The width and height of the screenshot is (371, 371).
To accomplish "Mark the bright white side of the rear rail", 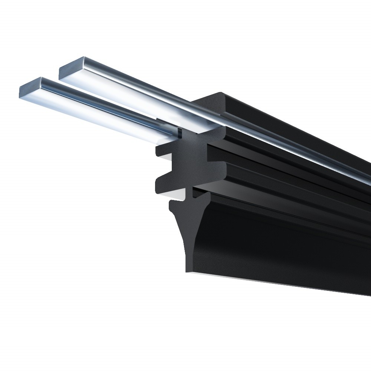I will pos(122,96).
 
